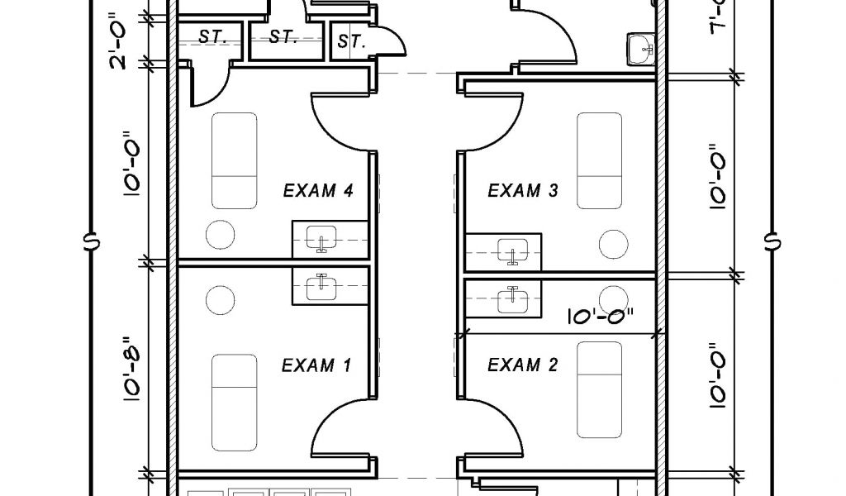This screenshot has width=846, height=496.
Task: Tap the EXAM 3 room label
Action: point(523,192)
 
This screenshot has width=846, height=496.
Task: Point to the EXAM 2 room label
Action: point(523,365)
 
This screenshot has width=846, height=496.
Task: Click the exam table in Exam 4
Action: point(234,160)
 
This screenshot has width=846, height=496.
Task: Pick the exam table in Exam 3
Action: point(598,160)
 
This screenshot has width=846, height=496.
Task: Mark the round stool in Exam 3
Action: point(614,244)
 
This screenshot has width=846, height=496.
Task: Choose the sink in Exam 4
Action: point(321,240)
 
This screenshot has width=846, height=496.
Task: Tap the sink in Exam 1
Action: point(321,287)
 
